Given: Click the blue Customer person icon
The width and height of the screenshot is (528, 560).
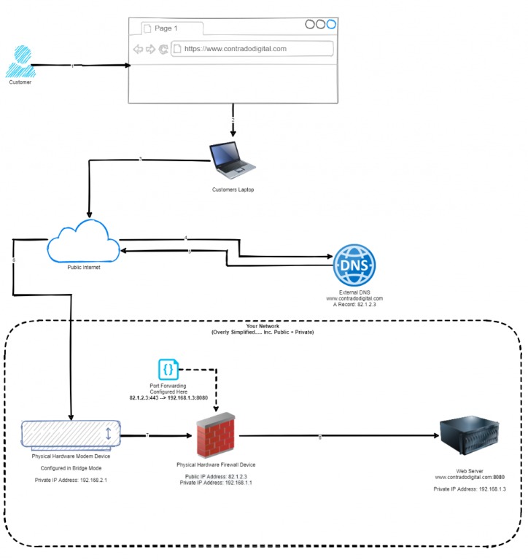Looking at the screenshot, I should [20, 62].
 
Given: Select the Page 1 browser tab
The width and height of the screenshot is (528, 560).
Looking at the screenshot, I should [166, 28].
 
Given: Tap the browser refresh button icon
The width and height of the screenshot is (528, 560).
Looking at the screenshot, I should [163, 50].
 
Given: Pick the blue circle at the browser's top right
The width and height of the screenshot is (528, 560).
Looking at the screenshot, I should [332, 24].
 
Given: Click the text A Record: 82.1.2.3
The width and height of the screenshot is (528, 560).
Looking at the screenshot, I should [354, 306].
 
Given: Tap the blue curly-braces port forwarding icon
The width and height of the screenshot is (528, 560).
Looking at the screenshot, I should [168, 369].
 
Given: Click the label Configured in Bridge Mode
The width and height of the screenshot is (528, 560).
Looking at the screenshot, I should [71, 468].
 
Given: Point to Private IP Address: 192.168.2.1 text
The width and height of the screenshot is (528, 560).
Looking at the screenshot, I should [71, 481].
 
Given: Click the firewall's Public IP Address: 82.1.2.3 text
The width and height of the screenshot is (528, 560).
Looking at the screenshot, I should [216, 476].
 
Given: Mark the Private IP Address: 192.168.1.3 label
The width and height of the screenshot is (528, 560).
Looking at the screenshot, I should [469, 488].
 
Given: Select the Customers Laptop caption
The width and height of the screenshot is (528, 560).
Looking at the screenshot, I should [232, 190].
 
